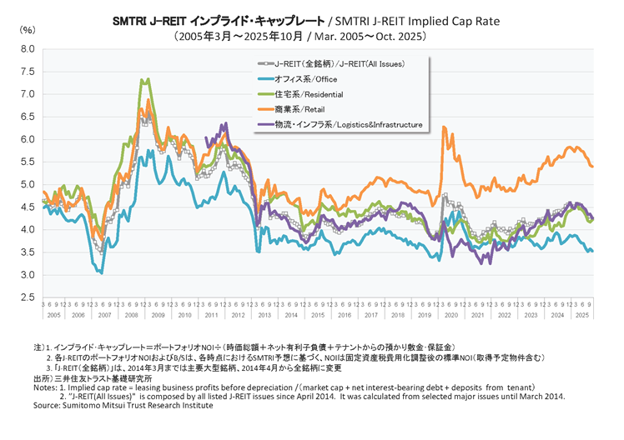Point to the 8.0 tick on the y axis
[27, 49]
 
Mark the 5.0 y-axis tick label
[27, 184]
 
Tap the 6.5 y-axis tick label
[27, 117]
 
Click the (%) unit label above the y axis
[27, 30]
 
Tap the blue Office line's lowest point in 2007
[101, 272]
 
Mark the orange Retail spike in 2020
[443, 127]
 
